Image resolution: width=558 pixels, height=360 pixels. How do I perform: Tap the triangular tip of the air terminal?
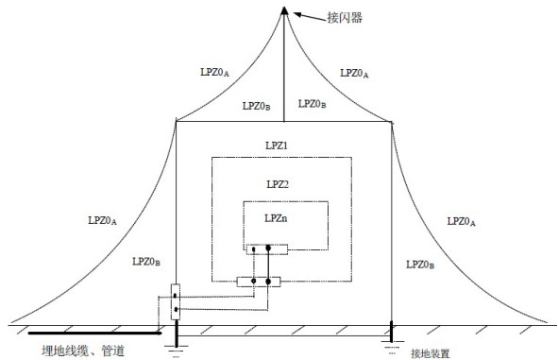click(282, 10)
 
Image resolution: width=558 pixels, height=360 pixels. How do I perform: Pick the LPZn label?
click(276, 218)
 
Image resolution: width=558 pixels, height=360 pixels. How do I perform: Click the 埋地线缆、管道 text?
click(84, 351)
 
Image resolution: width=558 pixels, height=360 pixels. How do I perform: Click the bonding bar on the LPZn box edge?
click(266, 249)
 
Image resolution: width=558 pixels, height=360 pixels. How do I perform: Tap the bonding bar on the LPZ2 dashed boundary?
click(259, 281)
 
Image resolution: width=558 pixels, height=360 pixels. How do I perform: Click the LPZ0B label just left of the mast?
click(256, 106)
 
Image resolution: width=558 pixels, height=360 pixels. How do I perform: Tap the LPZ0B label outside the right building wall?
click(419, 265)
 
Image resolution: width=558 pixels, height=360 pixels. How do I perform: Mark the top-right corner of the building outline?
click(391, 120)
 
